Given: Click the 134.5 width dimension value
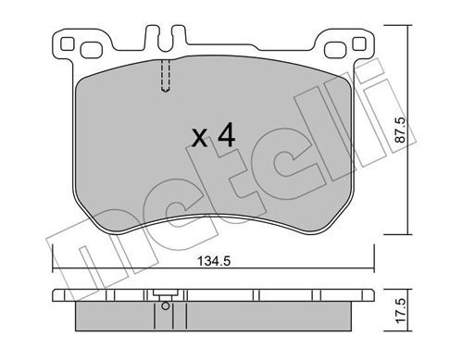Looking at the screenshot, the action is tap(214, 262).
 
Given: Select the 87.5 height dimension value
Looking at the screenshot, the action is tap(401, 130).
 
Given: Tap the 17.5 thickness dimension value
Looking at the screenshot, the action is tap(401, 311).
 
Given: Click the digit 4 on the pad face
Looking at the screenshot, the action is tap(227, 134).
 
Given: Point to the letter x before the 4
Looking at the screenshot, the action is tap(199, 138).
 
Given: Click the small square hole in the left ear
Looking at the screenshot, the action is tap(67, 43).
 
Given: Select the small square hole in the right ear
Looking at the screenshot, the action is tap(359, 43).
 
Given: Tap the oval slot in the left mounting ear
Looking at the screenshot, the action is tap(92, 50).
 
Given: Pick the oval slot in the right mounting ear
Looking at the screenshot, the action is tap(335, 50).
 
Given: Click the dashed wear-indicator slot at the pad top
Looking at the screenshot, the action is tap(166, 76).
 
